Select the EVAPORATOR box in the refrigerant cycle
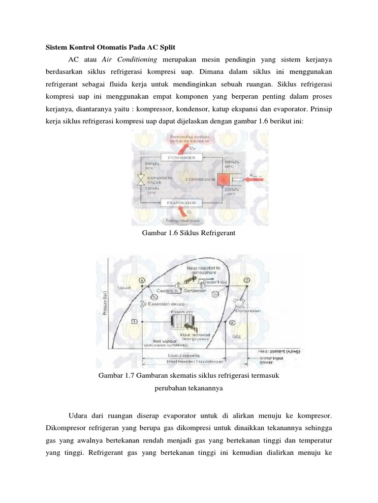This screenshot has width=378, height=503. pyautogui.click(x=179, y=202)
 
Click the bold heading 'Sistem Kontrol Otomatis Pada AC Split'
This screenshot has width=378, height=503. pyautogui.click(x=110, y=47)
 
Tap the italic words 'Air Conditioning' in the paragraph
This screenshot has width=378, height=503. pyautogui.click(x=129, y=59)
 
